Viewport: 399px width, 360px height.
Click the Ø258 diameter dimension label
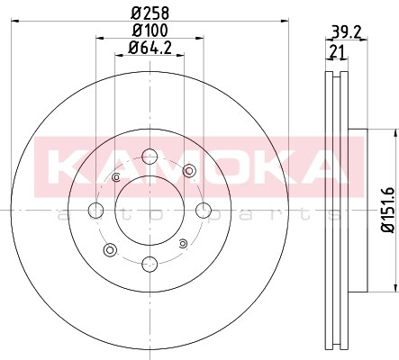click(x=150, y=13)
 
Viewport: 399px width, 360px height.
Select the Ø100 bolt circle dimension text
click(x=150, y=31)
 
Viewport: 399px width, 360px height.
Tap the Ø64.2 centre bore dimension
click(x=150, y=48)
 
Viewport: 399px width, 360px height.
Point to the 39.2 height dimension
click(x=346, y=32)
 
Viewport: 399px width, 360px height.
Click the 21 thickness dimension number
click(x=337, y=52)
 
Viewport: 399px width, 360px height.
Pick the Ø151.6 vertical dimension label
click(x=388, y=210)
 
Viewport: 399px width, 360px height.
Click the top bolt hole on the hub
click(x=150, y=157)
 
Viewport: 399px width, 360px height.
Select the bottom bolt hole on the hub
click(x=150, y=264)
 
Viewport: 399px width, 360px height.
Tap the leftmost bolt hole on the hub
click(x=96, y=210)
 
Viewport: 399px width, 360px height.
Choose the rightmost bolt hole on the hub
click(x=204, y=210)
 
